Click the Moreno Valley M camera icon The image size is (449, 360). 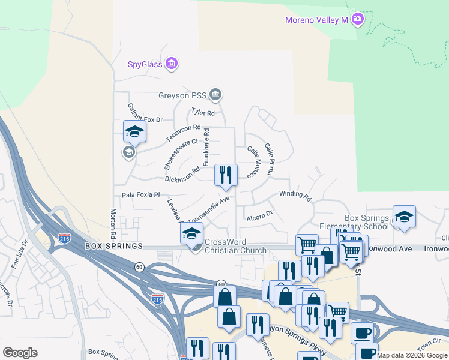[x=358, y=20]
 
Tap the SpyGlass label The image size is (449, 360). [x=145, y=64]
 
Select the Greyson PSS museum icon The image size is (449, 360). [x=215, y=95]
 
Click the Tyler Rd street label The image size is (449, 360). [x=203, y=112]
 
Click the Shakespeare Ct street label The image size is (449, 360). [x=181, y=146]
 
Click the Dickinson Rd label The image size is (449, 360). [x=182, y=174]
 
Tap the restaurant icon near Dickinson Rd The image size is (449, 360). [x=226, y=175]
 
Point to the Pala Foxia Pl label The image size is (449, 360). [x=141, y=195]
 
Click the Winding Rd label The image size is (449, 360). [x=295, y=195]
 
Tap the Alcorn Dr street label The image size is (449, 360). [x=259, y=215]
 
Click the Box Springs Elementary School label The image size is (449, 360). [x=367, y=223]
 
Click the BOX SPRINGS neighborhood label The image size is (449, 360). [x=114, y=247]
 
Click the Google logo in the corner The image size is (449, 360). [x=20, y=353]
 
